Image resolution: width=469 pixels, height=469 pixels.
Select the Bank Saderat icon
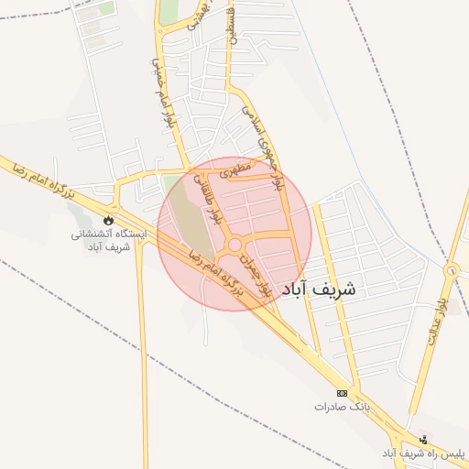(343, 392)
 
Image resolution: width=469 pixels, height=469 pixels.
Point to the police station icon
(423, 440)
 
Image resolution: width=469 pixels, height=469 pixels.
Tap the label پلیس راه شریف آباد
(423, 453)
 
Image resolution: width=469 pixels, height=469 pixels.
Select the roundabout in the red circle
(235, 245)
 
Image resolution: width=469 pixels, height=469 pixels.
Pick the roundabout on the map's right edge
(452, 271)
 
